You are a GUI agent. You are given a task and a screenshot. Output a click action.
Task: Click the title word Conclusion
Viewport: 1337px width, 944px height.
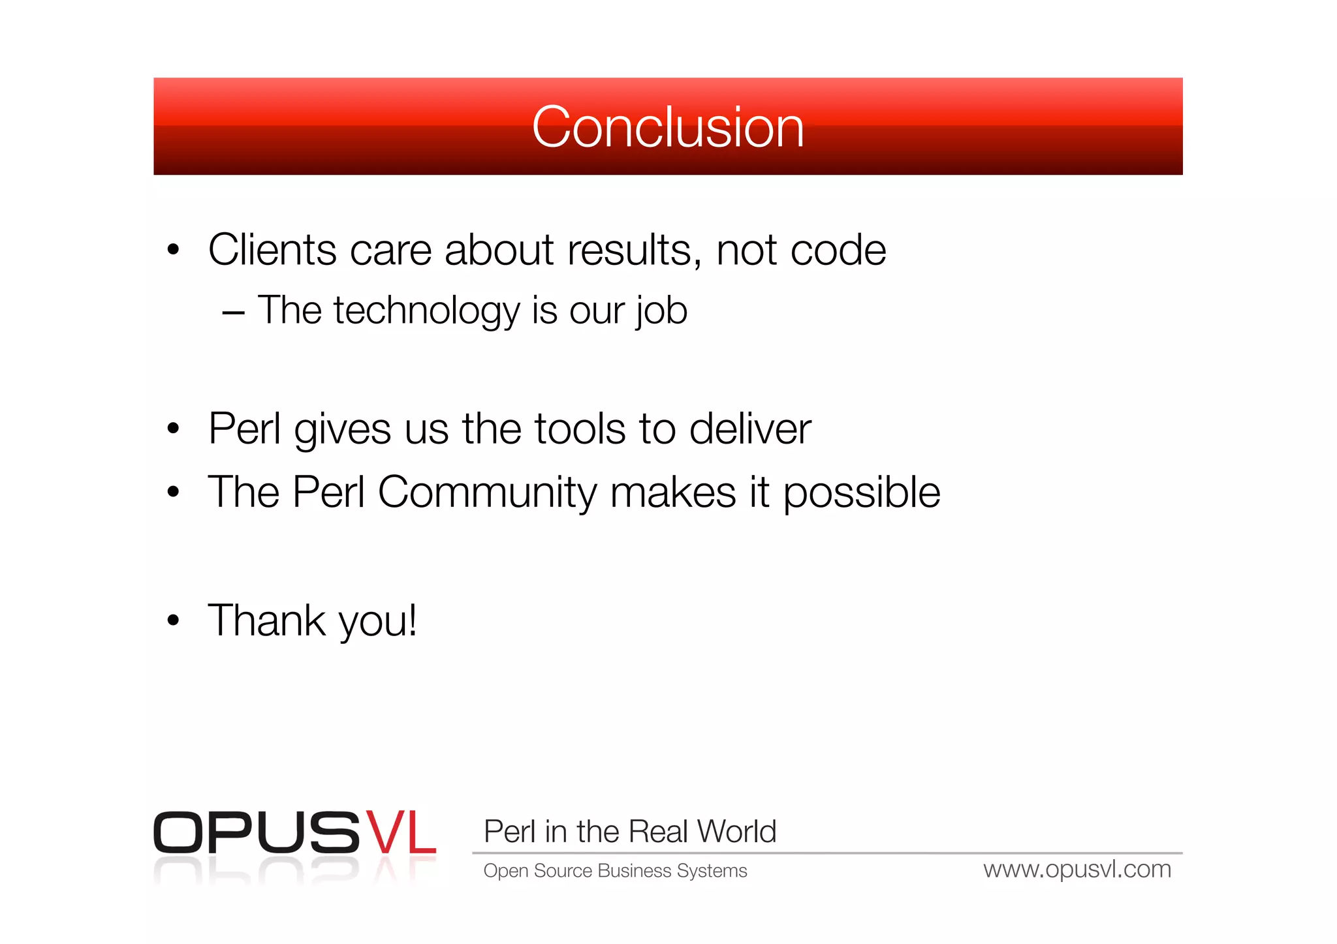point(667,127)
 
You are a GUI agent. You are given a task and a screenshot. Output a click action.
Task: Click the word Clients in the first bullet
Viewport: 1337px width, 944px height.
point(272,250)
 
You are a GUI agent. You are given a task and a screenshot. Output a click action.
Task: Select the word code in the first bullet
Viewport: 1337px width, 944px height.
point(838,250)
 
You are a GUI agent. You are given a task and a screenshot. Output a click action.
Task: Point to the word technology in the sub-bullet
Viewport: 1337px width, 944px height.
point(426,311)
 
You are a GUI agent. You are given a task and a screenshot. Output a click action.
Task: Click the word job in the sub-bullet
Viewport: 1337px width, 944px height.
point(661,311)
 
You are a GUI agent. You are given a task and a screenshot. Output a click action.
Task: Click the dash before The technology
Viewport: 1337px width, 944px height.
point(233,313)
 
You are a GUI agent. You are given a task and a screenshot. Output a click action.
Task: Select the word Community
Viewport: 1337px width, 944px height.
point(487,493)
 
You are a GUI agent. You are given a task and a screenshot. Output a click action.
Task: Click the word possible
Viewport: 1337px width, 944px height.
point(861,493)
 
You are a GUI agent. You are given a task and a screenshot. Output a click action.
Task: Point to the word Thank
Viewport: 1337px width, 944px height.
point(266,620)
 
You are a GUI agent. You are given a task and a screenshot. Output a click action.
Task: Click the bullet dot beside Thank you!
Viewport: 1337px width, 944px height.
point(173,620)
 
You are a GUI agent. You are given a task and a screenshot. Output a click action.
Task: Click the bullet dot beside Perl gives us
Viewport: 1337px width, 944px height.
point(173,429)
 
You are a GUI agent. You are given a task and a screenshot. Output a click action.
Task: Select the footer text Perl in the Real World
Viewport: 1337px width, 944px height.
point(629,832)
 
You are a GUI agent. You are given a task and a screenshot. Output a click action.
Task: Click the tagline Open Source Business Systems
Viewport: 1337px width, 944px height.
point(615,871)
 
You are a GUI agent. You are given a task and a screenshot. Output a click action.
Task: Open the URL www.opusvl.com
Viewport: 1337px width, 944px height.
point(1077,870)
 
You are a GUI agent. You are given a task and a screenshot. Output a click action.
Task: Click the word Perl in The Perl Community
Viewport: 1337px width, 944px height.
point(328,493)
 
